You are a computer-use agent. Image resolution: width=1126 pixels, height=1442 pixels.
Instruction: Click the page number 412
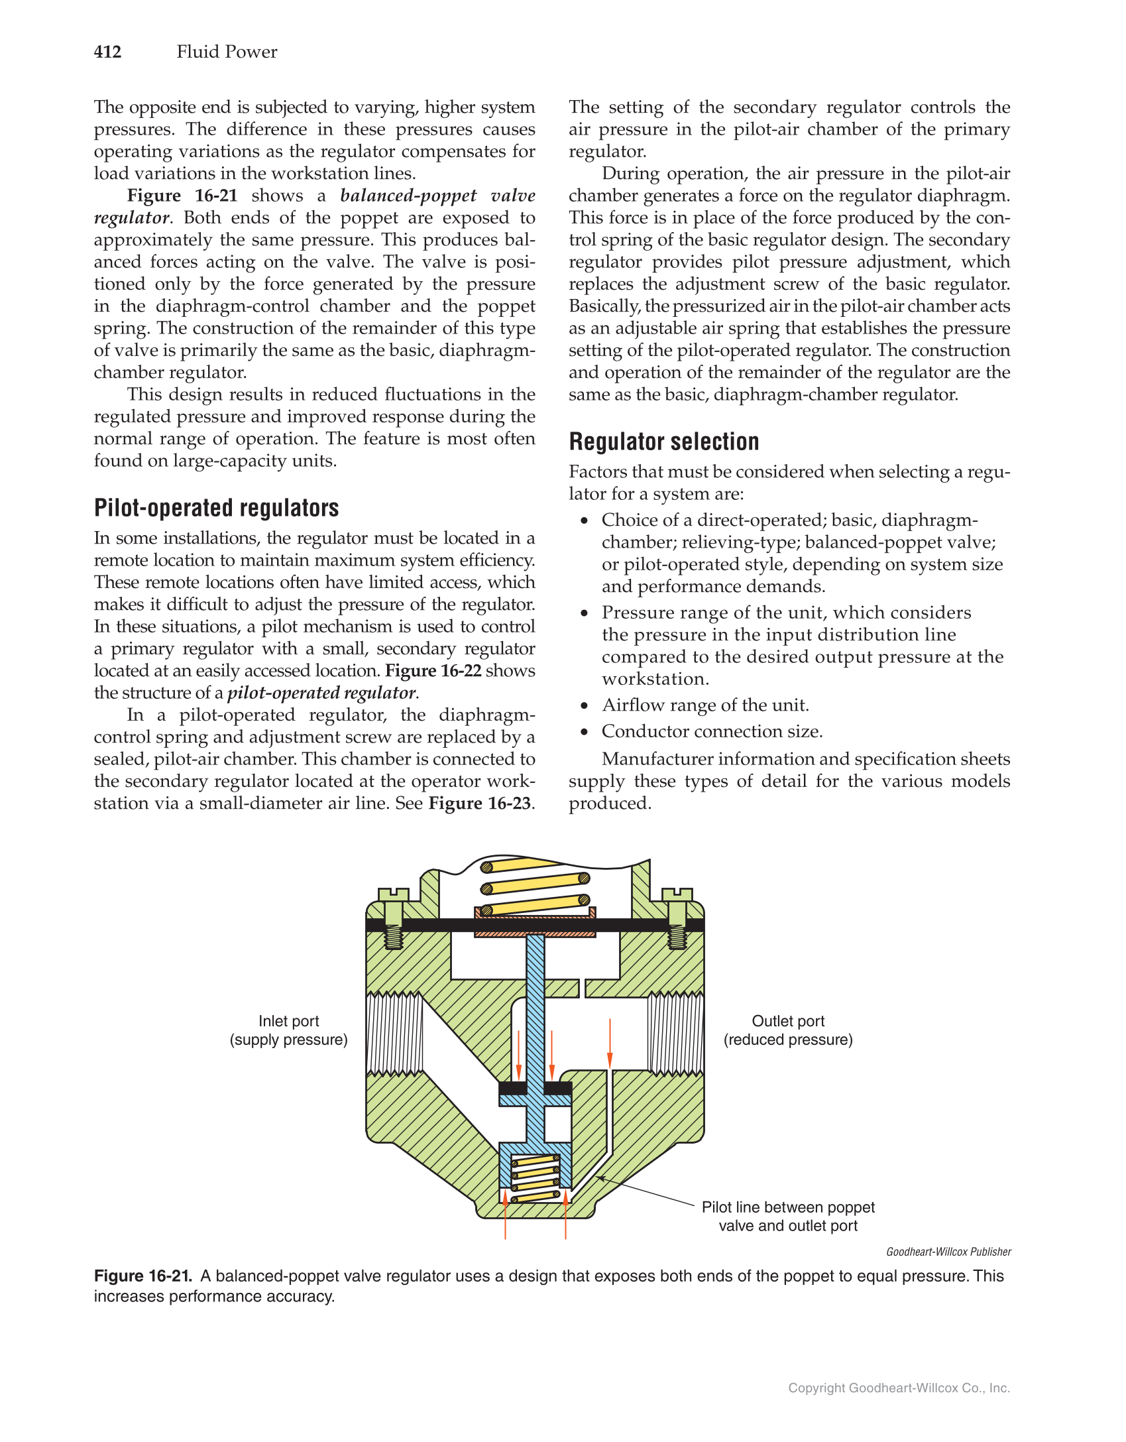107,52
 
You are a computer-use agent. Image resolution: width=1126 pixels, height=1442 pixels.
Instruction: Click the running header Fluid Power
227,52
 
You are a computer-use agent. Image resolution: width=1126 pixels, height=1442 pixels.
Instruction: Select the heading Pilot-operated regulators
216,508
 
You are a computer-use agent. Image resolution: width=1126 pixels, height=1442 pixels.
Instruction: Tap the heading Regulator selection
663,442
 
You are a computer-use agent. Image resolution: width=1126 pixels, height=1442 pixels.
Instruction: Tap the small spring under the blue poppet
535,1179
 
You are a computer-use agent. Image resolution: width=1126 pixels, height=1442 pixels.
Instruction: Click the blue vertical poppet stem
535,1008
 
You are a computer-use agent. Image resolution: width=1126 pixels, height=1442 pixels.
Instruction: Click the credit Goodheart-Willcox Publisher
948,1252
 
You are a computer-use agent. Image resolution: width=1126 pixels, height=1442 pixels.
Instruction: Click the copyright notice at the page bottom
899,1388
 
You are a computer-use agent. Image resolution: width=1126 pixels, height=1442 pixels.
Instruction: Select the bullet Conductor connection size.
712,731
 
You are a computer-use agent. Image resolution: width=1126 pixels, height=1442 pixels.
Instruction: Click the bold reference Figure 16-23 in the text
479,804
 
